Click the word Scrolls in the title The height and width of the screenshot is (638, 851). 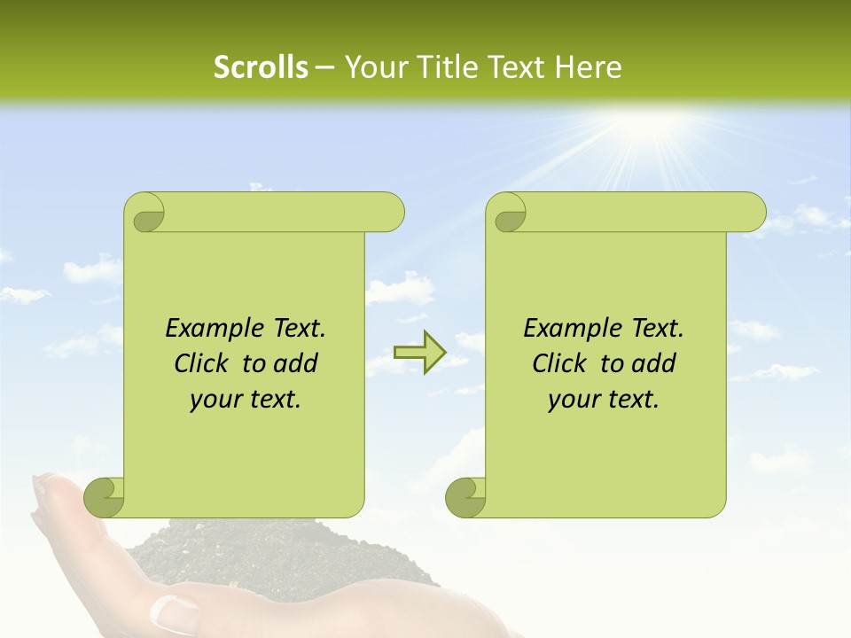tap(261, 67)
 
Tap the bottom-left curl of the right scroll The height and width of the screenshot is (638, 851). tap(467, 497)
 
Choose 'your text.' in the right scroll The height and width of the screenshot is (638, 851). tap(604, 400)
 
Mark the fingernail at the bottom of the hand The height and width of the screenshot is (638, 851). tap(174, 611)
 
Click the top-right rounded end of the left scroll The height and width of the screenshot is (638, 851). tap(390, 213)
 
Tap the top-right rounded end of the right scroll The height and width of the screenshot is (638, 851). tap(752, 213)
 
